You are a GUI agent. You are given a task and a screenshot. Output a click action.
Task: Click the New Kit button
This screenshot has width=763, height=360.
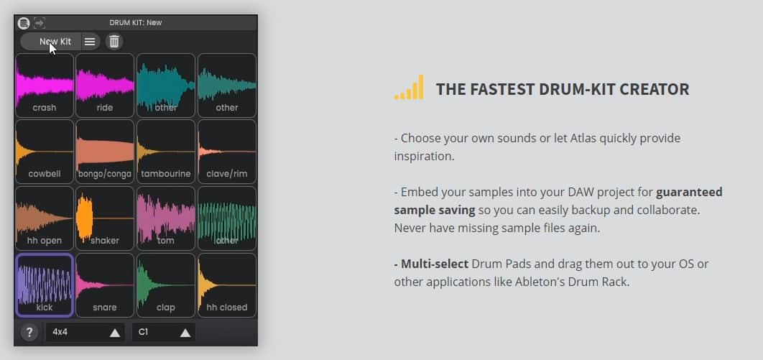coord(50,42)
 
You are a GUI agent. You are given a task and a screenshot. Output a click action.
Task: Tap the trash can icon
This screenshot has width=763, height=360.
coord(114,42)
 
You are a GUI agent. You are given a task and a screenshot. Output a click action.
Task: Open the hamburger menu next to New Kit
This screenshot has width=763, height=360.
coord(90,42)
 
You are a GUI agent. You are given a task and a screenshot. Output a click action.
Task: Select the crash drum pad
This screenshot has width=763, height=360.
coord(45,85)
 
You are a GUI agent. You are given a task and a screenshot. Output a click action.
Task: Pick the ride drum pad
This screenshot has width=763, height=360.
coord(105,85)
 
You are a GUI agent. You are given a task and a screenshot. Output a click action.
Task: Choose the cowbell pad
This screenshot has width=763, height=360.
coord(45,152)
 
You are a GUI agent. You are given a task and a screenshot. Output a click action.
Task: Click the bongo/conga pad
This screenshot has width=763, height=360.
coord(105,152)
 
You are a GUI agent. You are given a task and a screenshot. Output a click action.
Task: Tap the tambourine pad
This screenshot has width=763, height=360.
coord(166,152)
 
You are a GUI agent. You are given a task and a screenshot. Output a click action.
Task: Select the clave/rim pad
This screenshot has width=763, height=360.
coord(227,152)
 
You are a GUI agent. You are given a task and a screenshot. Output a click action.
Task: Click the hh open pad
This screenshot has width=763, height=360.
coord(45,218)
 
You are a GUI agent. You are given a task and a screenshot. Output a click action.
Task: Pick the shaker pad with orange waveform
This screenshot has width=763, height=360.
coord(105,218)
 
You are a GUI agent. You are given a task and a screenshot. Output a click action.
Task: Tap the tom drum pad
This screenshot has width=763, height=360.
coord(166,218)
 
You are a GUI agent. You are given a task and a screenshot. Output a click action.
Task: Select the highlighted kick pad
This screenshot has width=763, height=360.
coord(45,285)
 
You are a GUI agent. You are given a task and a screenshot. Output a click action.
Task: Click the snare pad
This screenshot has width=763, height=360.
coord(105,285)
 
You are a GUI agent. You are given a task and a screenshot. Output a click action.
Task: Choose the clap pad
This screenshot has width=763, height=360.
coord(166,285)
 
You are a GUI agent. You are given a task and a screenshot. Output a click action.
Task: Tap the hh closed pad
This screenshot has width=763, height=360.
coord(227,285)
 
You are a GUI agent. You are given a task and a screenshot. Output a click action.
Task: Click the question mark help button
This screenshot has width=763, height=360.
coord(29,332)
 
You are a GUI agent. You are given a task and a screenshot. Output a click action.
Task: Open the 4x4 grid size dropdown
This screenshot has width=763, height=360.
coord(85,332)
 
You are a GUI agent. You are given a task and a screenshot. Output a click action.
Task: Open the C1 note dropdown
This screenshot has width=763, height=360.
coord(164,332)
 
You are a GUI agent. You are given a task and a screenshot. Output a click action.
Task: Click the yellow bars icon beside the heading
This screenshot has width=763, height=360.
coord(409,88)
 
